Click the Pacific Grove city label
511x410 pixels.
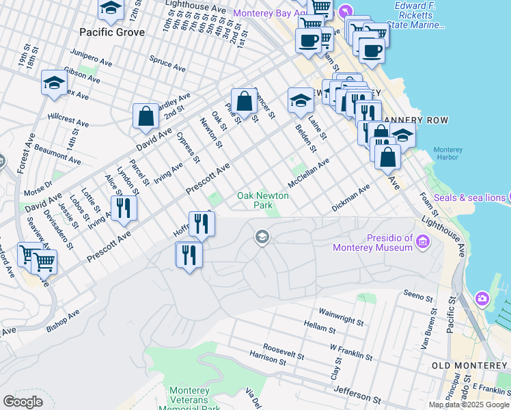pyautogui.click(x=112, y=32)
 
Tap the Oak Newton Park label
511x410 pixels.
pyautogui.click(x=262, y=200)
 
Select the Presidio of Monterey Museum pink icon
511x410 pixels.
pyautogui.click(x=423, y=241)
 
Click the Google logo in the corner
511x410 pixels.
pyautogui.click(x=23, y=402)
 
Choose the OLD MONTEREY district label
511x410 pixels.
pyautogui.click(x=471, y=366)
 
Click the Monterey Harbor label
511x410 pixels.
pyautogui.click(x=448, y=153)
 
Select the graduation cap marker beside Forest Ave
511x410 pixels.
pyautogui.click(x=53, y=84)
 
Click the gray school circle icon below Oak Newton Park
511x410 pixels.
pyautogui.click(x=261, y=237)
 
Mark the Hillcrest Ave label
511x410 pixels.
pyautogui.click(x=68, y=120)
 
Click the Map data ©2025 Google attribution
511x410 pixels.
pyautogui.click(x=469, y=405)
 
